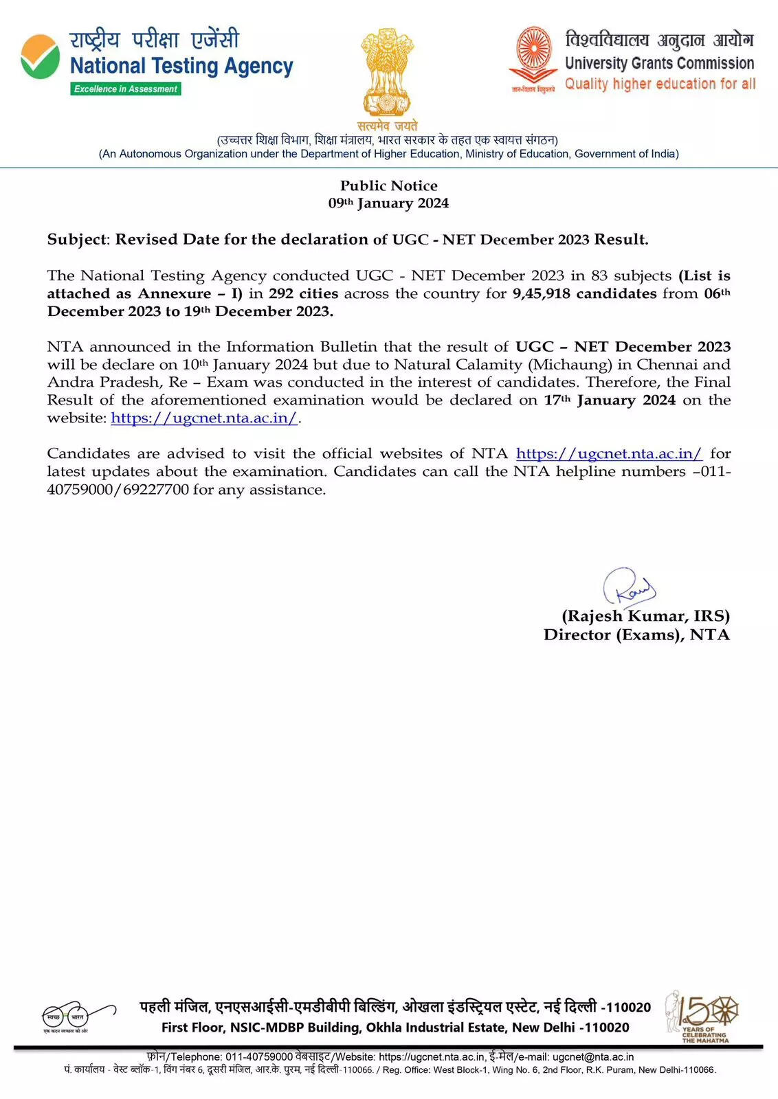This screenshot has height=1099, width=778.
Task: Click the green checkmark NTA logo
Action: (x=40, y=56)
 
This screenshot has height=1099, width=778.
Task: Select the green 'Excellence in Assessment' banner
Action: (x=126, y=89)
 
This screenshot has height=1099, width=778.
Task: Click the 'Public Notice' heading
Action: (x=388, y=185)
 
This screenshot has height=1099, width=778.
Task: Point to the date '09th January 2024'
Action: (x=388, y=203)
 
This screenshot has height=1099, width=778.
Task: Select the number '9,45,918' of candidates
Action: (x=540, y=293)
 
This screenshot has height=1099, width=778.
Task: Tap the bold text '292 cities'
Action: (x=303, y=293)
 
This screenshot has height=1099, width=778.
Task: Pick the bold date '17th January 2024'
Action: (x=610, y=400)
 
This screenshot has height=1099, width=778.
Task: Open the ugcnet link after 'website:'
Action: (x=204, y=418)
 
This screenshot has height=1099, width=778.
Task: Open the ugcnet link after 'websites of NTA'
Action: (x=609, y=454)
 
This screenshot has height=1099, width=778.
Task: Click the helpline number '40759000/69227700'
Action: (x=118, y=490)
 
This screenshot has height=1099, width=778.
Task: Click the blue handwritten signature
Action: (x=628, y=587)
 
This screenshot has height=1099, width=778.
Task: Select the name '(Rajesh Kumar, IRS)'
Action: (x=645, y=616)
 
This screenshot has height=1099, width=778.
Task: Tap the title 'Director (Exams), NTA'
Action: (x=636, y=635)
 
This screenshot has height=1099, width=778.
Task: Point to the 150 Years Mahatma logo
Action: (x=703, y=1015)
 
